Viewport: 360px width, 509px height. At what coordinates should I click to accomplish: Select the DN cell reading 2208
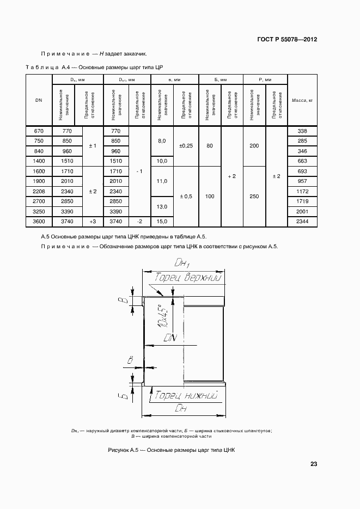(39, 191)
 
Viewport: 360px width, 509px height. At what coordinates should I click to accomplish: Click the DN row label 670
(39, 131)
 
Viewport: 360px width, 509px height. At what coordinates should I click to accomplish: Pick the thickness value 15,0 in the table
(162, 221)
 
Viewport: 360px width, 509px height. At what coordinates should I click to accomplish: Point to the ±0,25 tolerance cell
(186, 146)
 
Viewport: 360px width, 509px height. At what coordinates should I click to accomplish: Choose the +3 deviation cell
(93, 221)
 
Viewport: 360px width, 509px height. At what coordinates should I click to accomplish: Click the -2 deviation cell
(139, 221)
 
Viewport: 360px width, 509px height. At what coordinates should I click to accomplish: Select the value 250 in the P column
(254, 196)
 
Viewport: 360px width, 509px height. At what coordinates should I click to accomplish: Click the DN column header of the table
(39, 100)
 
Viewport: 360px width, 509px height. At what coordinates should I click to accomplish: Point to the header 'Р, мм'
(265, 79)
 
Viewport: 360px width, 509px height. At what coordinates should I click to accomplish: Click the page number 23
(314, 464)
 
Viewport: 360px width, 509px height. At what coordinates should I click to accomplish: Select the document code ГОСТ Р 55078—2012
(287, 40)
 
